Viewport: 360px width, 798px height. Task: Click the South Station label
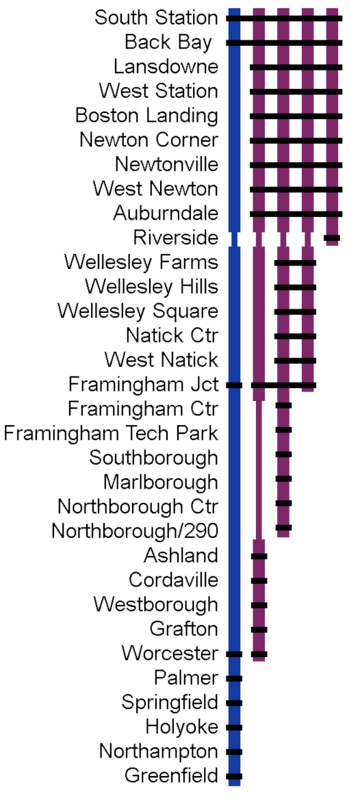(156, 18)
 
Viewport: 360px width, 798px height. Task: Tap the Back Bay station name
(168, 42)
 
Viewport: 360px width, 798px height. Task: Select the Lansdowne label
(166, 66)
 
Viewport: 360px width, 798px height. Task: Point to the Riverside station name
(176, 237)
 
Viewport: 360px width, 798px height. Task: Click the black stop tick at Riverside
(332, 237)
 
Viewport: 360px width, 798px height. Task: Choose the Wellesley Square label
(138, 311)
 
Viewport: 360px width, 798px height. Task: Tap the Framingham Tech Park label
(111, 434)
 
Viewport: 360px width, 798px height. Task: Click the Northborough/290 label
(135, 531)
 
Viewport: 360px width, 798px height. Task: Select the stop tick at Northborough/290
(283, 528)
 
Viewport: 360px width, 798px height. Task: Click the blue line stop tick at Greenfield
(234, 777)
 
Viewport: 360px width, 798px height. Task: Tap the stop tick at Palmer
(234, 678)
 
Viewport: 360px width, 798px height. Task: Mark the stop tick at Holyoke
(234, 728)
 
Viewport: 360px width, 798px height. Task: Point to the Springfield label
(170, 703)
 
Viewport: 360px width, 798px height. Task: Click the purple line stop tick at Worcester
(259, 654)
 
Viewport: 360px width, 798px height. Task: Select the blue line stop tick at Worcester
(234, 654)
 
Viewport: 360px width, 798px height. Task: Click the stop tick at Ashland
(259, 556)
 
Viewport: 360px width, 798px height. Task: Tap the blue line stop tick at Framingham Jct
(234, 385)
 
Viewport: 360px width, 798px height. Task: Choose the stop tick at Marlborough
(283, 479)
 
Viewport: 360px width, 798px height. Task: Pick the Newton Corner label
(149, 140)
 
